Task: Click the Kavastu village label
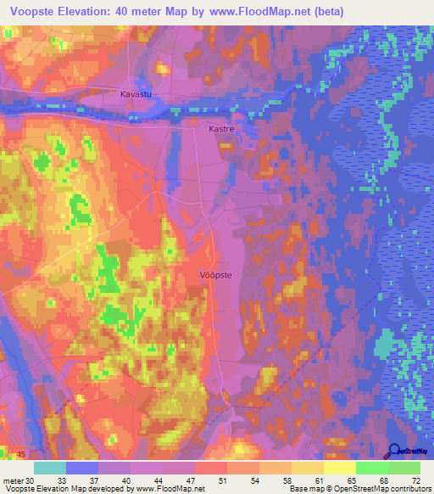click(136, 94)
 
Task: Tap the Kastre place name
click(221, 130)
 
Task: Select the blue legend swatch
click(82, 467)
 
